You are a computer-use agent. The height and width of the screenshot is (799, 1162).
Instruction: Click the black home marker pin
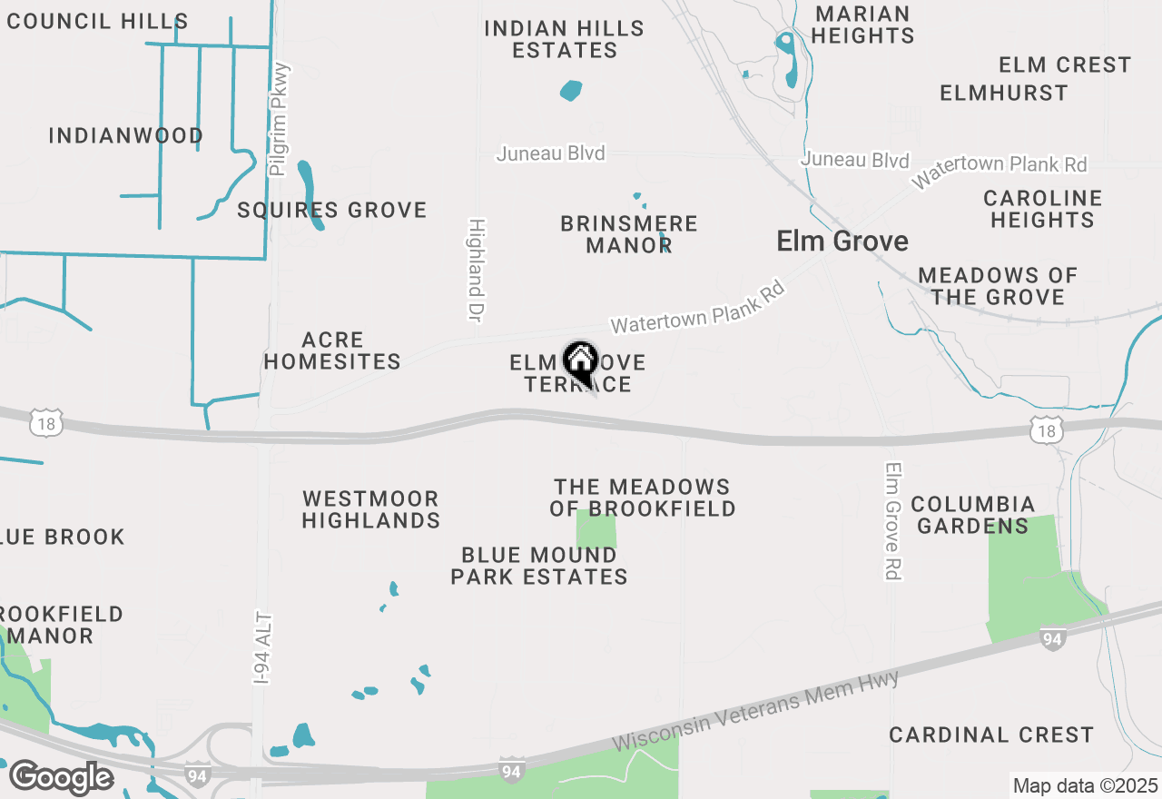[x=580, y=362]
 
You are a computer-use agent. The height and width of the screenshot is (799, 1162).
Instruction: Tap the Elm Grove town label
[x=842, y=242]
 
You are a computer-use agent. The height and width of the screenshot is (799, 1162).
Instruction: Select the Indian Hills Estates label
[x=564, y=40]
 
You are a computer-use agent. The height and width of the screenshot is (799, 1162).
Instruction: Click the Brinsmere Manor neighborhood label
[x=628, y=234]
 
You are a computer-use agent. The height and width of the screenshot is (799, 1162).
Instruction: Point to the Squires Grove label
[x=331, y=211]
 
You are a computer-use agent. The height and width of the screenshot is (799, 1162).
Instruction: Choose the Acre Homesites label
[x=332, y=350]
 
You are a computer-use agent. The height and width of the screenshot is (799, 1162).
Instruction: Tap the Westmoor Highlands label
[x=370, y=509]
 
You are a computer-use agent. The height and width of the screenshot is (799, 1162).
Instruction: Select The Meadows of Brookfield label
[x=642, y=498]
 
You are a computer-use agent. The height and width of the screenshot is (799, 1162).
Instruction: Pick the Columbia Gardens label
[x=972, y=515]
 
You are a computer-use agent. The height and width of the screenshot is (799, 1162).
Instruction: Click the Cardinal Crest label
[x=990, y=735]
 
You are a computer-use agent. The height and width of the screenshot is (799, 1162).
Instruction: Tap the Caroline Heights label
[x=1042, y=209]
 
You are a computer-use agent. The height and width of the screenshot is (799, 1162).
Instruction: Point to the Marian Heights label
[x=862, y=25]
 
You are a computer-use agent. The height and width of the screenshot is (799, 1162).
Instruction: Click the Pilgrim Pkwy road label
[x=280, y=118]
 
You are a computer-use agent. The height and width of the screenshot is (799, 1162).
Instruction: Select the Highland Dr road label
[x=475, y=270]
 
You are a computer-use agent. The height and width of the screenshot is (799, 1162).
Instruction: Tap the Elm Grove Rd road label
[x=893, y=521]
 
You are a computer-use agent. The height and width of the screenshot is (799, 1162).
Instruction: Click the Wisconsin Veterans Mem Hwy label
[x=755, y=710]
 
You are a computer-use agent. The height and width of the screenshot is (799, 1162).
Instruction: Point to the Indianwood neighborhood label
[x=125, y=136]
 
